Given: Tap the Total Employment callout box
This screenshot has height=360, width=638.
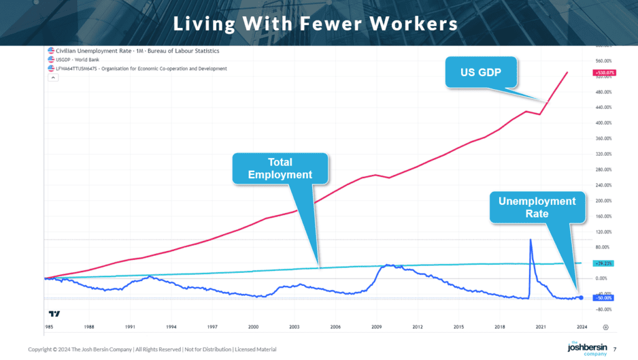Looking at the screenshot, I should tap(280, 169).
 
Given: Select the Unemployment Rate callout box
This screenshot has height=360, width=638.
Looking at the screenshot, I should tap(536, 207).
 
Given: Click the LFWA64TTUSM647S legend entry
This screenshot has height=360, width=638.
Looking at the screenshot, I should tap(141, 68).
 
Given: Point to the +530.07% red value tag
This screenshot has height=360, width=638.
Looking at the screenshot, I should tap(604, 73).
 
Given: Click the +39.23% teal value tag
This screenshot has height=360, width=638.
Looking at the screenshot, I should tap(604, 263).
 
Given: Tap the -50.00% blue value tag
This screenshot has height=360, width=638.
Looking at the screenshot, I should tap(604, 298).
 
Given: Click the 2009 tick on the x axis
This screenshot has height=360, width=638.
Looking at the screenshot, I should tap(376, 326).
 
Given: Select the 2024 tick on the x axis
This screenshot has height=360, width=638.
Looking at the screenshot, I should tap(581, 326).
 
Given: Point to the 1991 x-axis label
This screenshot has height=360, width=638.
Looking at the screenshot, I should tap(130, 326).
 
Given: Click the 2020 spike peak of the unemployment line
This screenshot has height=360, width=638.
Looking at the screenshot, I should tap(530, 239).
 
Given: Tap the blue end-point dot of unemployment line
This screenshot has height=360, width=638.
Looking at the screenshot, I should tap(581, 298).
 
